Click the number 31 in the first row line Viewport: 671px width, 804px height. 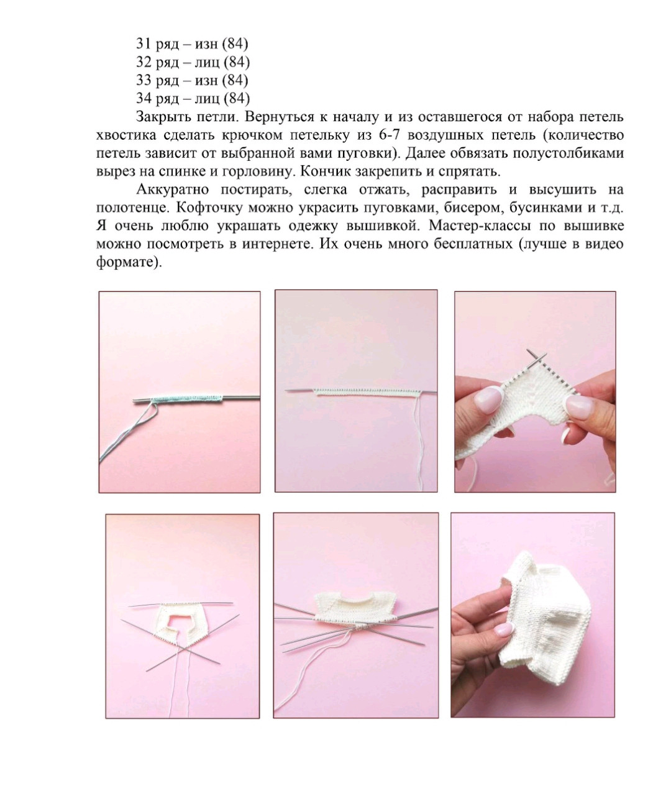(x=144, y=43)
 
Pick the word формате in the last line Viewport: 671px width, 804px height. (x=124, y=262)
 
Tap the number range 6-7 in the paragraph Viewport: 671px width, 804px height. (x=389, y=135)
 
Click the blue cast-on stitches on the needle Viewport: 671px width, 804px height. (x=187, y=396)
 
